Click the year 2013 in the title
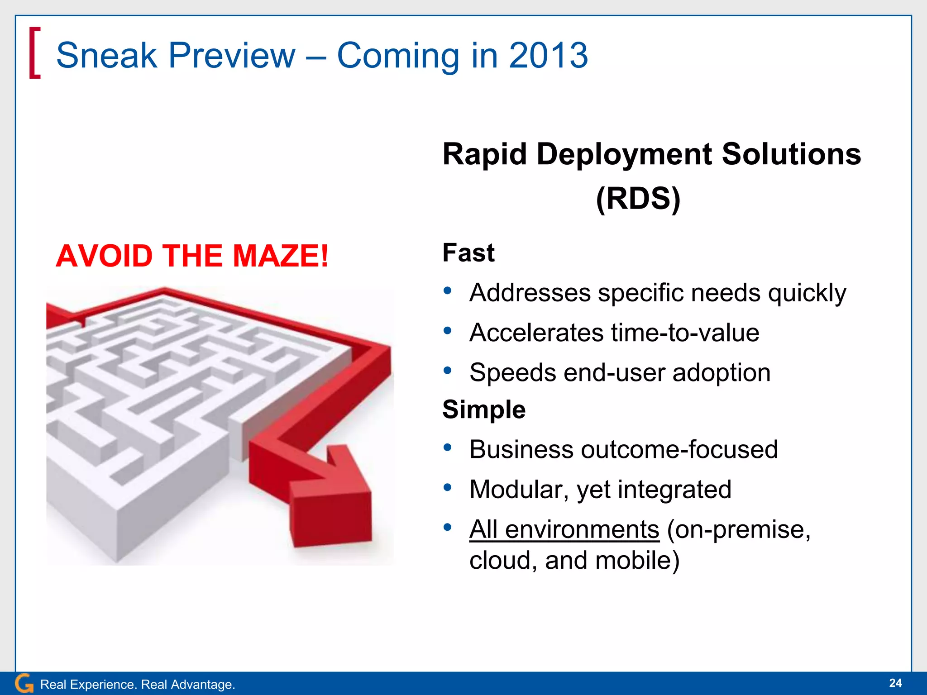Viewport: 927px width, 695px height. (x=548, y=55)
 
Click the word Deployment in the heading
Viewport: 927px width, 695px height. (x=624, y=154)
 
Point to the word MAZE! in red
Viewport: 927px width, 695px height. (x=280, y=256)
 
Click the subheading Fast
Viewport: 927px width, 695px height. (x=468, y=252)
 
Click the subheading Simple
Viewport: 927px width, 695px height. (x=483, y=409)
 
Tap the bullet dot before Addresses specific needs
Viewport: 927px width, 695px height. (x=448, y=290)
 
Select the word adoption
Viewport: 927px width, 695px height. (x=721, y=372)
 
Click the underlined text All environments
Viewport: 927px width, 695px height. (x=564, y=529)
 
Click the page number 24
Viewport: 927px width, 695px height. (x=895, y=683)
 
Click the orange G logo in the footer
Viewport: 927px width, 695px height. (x=24, y=683)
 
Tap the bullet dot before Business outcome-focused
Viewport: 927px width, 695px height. (x=448, y=448)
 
